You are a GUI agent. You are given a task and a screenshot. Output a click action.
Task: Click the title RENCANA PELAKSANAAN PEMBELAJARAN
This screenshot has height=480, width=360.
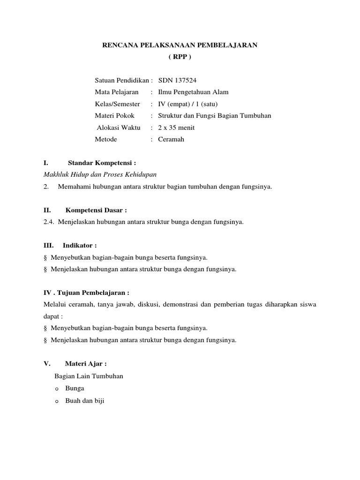(180, 45)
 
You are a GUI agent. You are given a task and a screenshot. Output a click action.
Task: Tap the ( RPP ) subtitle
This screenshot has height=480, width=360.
(180, 57)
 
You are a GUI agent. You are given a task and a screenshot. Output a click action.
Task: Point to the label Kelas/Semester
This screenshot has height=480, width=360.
(117, 104)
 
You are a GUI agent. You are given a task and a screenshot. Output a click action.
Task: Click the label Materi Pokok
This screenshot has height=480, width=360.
(114, 115)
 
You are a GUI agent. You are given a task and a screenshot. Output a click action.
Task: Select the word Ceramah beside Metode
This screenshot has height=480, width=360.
(172, 139)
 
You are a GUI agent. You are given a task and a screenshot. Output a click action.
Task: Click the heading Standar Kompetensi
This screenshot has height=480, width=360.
(101, 163)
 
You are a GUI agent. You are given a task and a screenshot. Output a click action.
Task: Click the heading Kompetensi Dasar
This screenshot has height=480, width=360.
(96, 210)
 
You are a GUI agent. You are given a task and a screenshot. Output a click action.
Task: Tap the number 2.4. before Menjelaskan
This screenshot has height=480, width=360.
(49, 222)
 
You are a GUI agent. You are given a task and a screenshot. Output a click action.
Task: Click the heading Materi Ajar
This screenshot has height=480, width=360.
(86, 364)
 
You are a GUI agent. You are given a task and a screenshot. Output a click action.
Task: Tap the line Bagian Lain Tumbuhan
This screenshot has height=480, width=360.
(89, 376)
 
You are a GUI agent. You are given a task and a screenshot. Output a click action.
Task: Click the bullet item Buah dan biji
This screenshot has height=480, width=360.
(85, 400)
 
